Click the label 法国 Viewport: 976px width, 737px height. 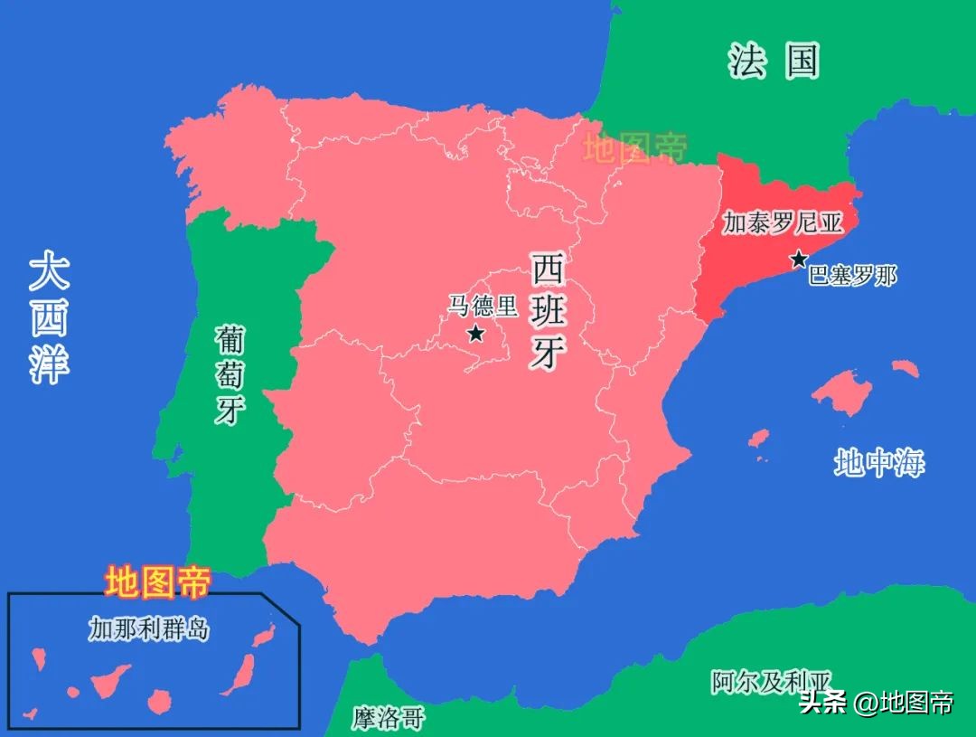click(x=774, y=61)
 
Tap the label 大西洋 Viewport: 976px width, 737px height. click(x=49, y=317)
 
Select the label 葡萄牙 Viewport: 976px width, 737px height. click(x=230, y=374)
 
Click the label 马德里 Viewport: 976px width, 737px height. click(x=483, y=306)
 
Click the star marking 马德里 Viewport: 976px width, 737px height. click(x=475, y=334)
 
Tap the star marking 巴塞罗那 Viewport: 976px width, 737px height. click(x=799, y=260)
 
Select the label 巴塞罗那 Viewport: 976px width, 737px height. click(x=852, y=276)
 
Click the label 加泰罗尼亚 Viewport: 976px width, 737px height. click(x=781, y=223)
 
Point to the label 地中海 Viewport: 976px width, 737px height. click(x=878, y=464)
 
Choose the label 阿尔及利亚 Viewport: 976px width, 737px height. click(x=770, y=681)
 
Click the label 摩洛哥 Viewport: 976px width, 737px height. click(x=388, y=718)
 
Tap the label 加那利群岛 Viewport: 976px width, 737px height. click(x=148, y=628)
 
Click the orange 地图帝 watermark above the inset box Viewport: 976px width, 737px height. click(x=157, y=581)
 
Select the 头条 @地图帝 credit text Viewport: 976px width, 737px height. click(x=876, y=702)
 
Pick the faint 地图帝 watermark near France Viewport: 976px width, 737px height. click(x=635, y=147)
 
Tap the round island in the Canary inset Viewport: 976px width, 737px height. click(x=160, y=700)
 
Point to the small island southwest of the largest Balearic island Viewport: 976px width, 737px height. click(x=758, y=439)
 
